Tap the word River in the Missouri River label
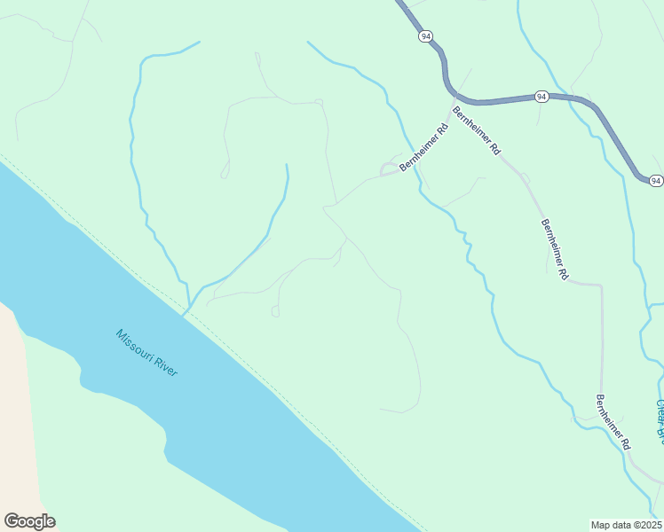point(165,365)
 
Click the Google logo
point(29,521)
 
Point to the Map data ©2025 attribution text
point(626,524)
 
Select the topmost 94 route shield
point(427,36)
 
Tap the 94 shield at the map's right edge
point(655,181)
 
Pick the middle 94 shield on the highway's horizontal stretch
point(541,96)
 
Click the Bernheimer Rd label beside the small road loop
point(424,147)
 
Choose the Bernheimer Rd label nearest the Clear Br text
point(613,421)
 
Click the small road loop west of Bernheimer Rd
point(389,168)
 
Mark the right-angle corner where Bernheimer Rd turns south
point(601,286)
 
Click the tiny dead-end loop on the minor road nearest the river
point(275,312)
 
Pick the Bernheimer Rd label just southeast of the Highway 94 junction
point(477,131)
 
